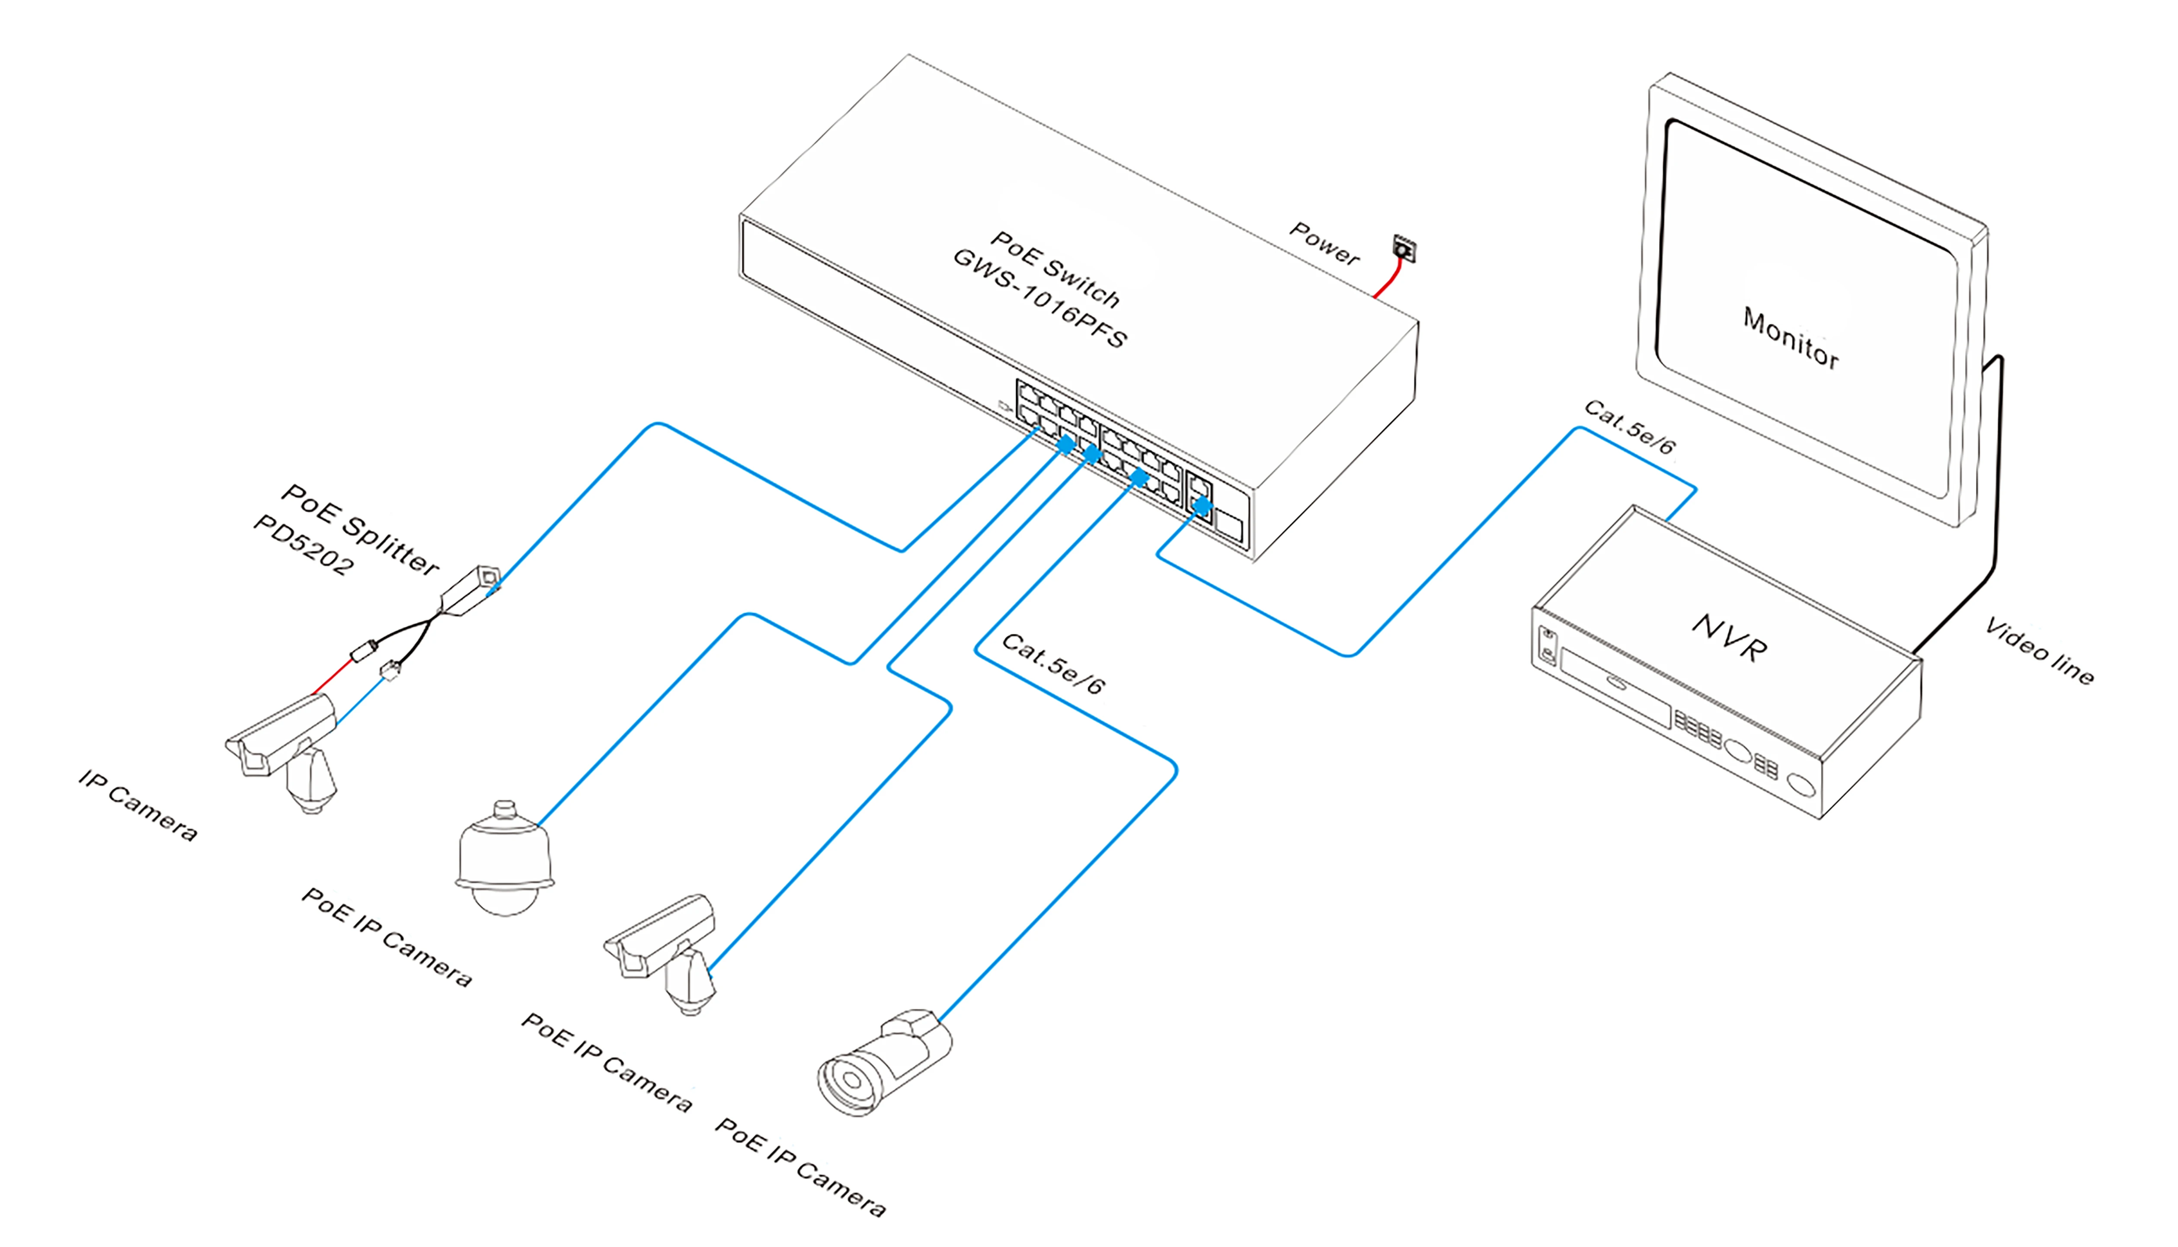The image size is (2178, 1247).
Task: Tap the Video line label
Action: point(2039,651)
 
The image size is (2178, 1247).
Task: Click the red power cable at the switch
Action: point(1388,279)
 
